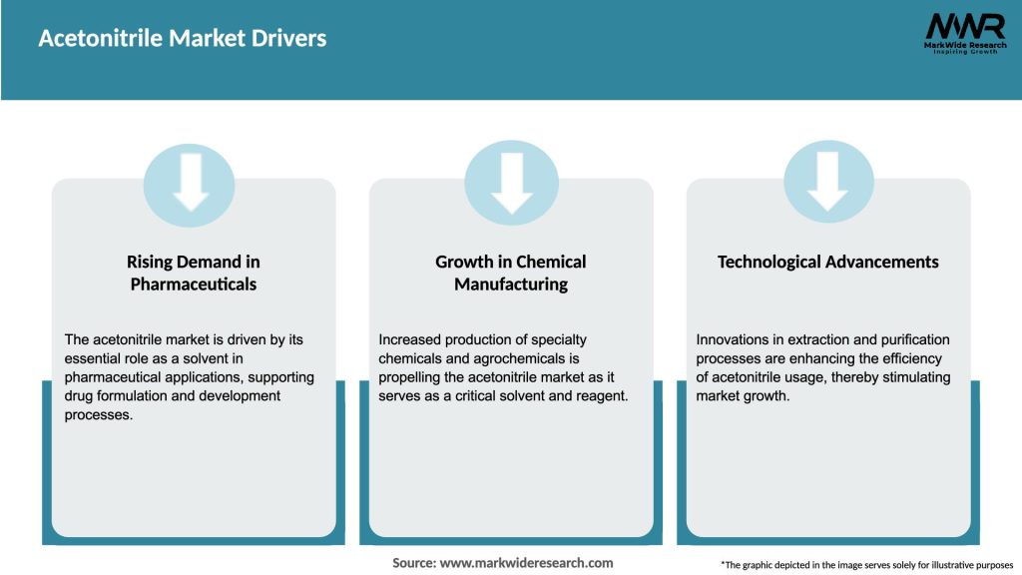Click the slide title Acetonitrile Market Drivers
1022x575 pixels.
point(183,39)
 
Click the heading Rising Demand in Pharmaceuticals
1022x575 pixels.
point(193,273)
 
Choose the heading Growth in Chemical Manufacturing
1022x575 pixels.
point(511,273)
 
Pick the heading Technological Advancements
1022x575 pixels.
point(828,262)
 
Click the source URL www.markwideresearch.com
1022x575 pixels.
point(526,563)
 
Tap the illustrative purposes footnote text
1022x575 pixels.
point(866,565)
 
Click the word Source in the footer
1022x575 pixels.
point(413,563)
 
